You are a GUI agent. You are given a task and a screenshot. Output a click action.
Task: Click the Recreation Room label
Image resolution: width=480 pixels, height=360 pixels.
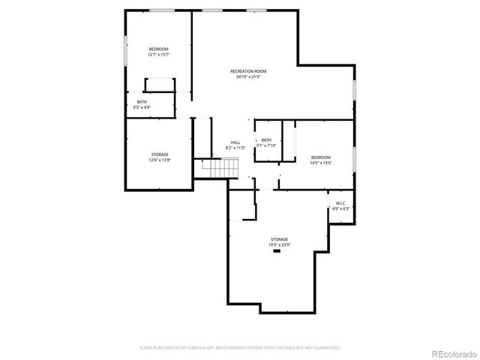pyautogui.click(x=248, y=71)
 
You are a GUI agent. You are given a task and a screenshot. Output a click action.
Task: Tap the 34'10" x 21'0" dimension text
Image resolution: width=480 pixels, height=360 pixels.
pyautogui.click(x=248, y=76)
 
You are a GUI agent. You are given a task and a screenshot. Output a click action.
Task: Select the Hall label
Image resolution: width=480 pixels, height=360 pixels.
pyautogui.click(x=235, y=142)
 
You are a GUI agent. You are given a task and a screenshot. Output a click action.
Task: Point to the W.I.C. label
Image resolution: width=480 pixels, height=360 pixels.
pyautogui.click(x=340, y=203)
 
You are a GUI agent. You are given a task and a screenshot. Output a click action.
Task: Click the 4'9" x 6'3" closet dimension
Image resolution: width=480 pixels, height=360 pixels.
pyautogui.click(x=340, y=208)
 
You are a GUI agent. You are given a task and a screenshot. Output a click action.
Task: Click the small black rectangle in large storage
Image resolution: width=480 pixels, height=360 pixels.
pyautogui.click(x=277, y=251)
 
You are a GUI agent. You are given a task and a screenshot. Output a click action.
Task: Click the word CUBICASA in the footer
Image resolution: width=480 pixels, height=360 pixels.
pyautogui.click(x=196, y=348)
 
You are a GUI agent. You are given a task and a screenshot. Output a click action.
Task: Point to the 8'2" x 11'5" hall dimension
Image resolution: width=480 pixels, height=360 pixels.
pyautogui.click(x=235, y=148)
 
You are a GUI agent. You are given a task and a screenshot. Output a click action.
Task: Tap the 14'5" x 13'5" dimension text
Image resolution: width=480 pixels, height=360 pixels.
pyautogui.click(x=321, y=163)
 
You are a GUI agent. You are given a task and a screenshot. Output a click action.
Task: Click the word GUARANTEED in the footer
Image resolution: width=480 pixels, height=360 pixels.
pyautogui.click(x=326, y=348)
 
